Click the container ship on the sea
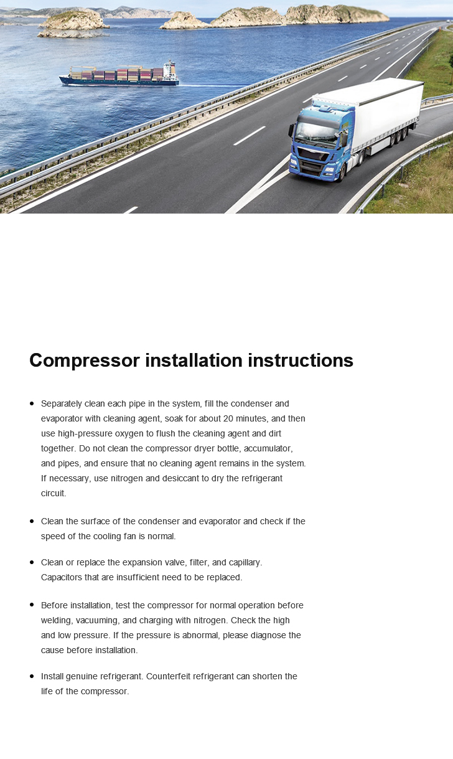(118, 75)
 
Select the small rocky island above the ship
(73, 22)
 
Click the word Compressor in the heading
(85, 361)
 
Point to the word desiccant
(179, 478)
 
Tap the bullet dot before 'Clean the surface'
(32, 521)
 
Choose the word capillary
(242, 562)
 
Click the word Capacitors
(62, 577)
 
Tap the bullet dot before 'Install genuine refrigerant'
(32, 676)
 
